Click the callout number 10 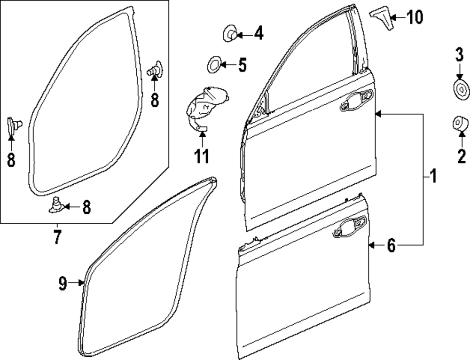[415, 18]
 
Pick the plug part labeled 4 [229, 34]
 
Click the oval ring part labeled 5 [214, 64]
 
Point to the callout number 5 [242, 65]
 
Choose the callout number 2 [462, 155]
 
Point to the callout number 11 [202, 156]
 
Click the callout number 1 [433, 177]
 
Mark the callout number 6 [391, 245]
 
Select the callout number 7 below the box [56, 237]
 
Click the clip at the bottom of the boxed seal [57, 205]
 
